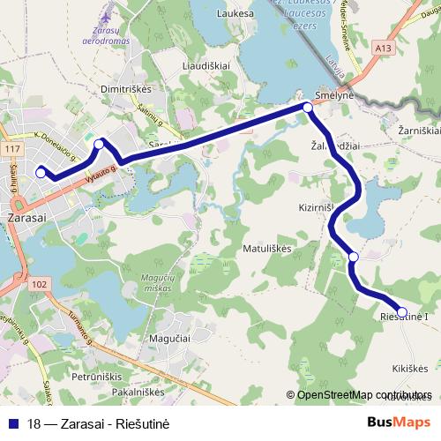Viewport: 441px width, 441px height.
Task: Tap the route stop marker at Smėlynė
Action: click(x=308, y=108)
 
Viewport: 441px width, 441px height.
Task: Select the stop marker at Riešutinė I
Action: click(x=402, y=312)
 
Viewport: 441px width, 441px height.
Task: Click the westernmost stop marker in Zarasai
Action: click(x=40, y=173)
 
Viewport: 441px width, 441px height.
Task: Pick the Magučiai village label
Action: click(x=171, y=339)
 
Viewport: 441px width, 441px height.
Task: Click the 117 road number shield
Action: click(x=11, y=150)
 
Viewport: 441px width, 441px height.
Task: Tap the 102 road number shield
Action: click(x=39, y=284)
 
